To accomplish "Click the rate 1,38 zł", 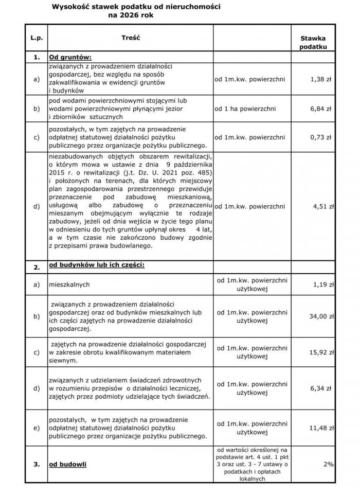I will (321, 79).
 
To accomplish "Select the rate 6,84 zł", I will (321, 109).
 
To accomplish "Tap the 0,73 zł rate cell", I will (321, 137).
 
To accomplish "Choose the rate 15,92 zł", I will (321, 352).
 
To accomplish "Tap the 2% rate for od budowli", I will (328, 464).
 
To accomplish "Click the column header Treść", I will (131, 38).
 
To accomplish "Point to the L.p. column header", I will (37, 38).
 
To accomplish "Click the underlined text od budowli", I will (67, 465).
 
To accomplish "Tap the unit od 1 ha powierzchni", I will (245, 109).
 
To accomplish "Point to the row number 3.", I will (37, 465).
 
